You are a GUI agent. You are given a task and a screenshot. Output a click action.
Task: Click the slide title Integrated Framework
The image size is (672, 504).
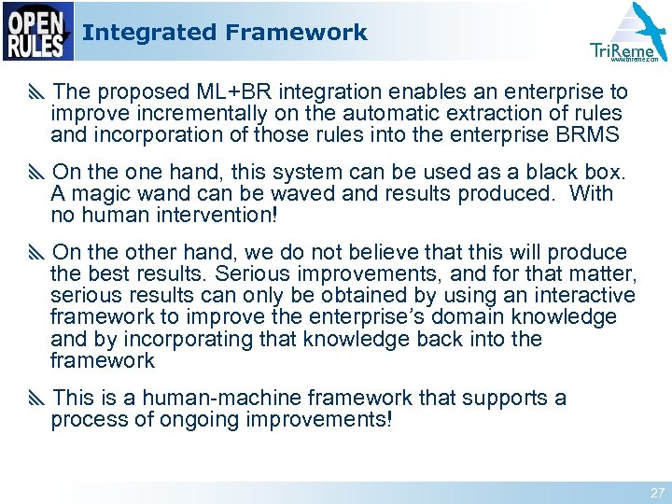(x=224, y=33)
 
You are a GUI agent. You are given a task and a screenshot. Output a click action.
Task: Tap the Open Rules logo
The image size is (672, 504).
(x=37, y=32)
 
